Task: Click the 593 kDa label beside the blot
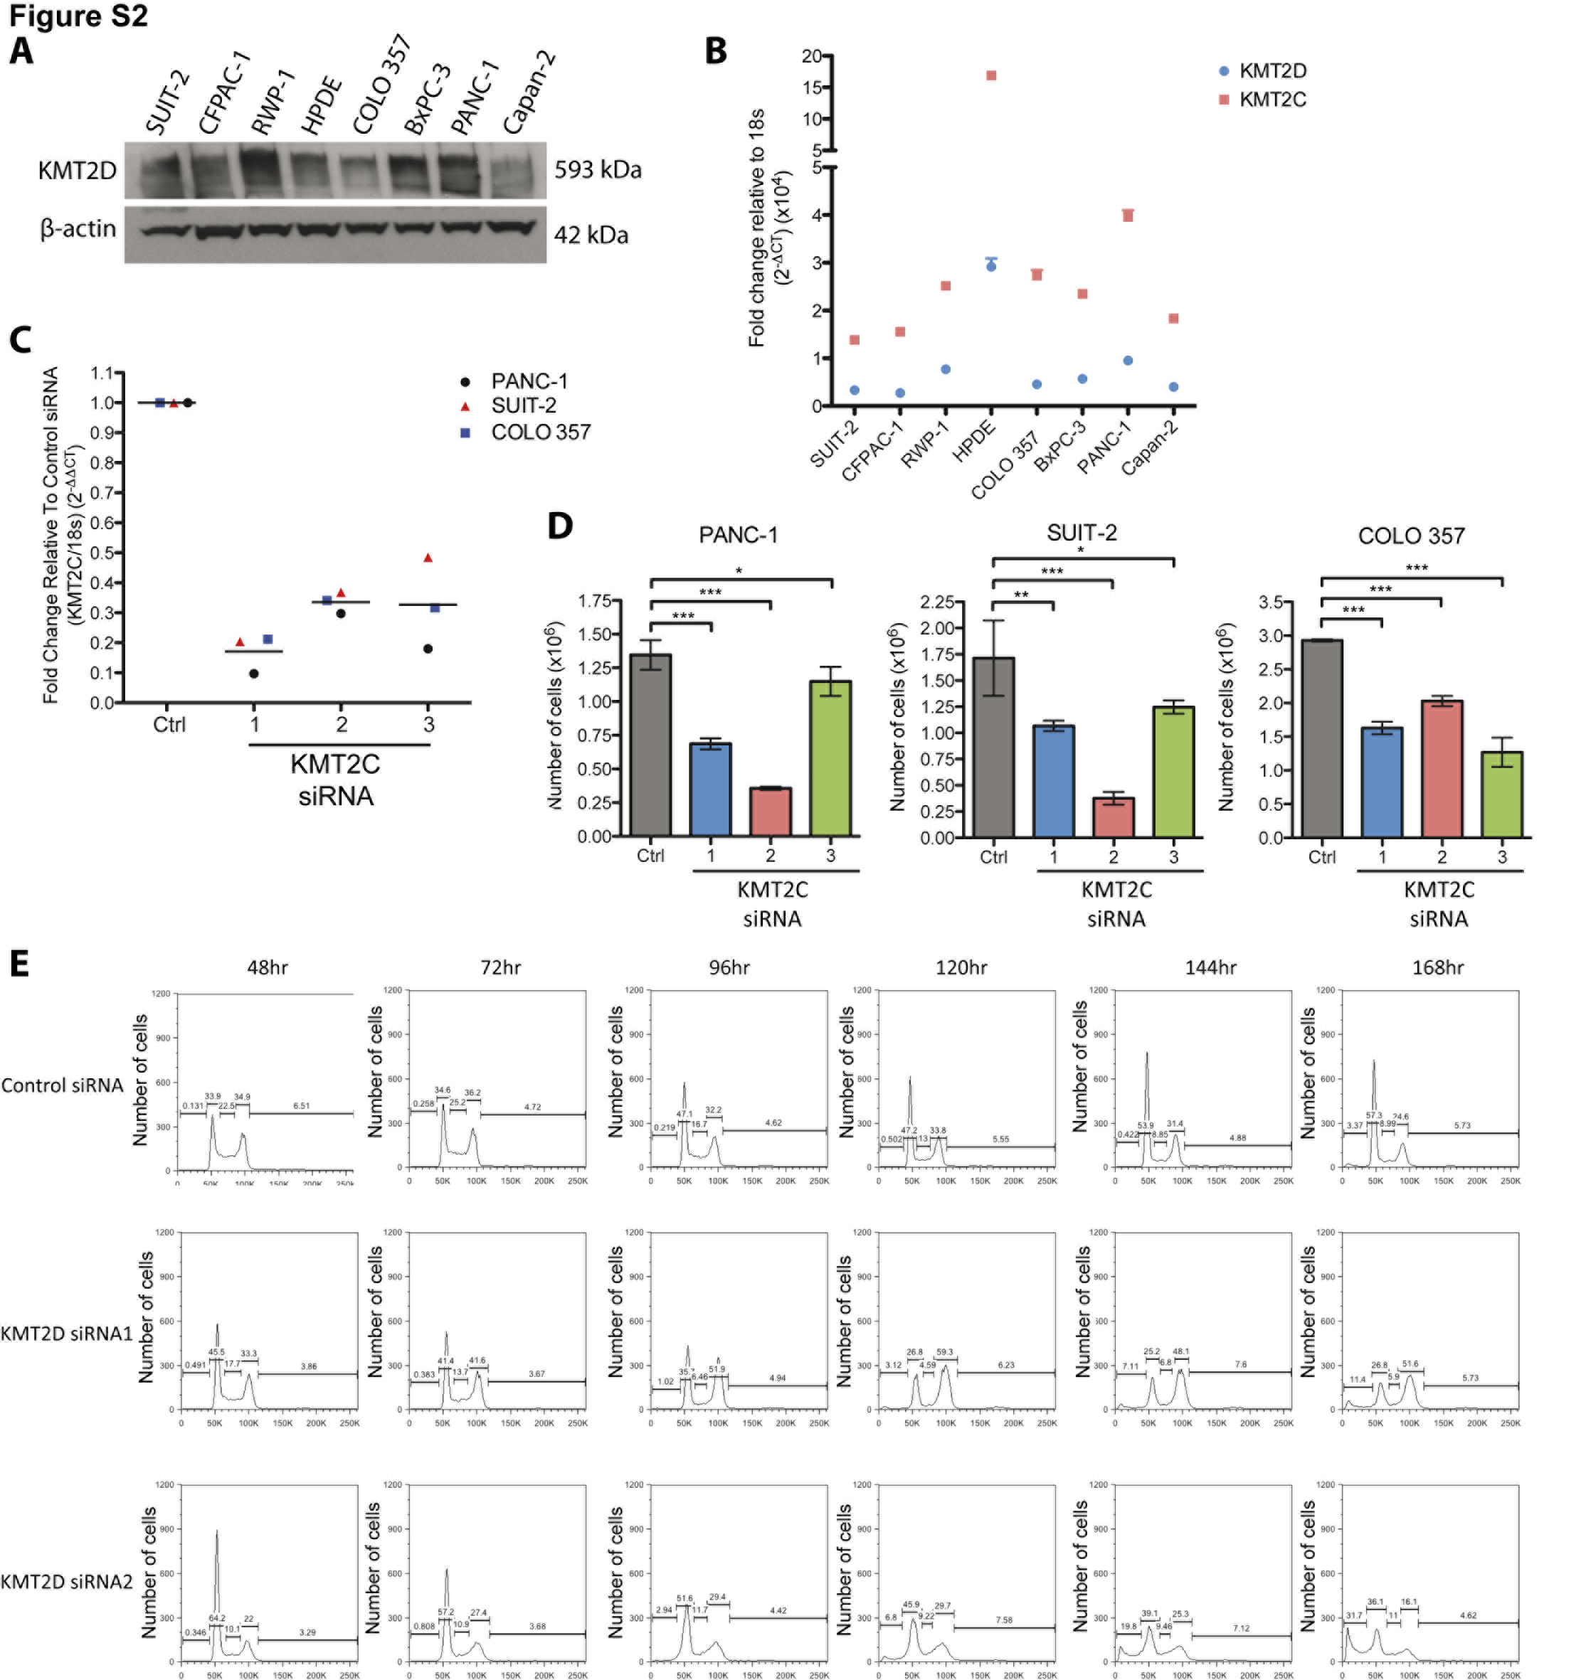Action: [x=597, y=170]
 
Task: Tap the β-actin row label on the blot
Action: [x=78, y=229]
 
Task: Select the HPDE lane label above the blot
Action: [x=322, y=106]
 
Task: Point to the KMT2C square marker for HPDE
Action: [x=991, y=76]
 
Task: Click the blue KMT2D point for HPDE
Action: [x=991, y=266]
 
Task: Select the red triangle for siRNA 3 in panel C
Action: [x=428, y=558]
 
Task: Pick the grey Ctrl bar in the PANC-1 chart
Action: [x=650, y=744]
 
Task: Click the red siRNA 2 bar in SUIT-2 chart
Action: [x=1113, y=817]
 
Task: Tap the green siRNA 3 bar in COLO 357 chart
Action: [x=1501, y=794]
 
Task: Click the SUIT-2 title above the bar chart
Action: [x=1082, y=533]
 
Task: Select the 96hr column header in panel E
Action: [x=729, y=967]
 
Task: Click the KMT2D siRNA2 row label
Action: [x=67, y=1581]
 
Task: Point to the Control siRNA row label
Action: [x=63, y=1085]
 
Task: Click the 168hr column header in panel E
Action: [x=1437, y=967]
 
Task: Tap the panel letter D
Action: [x=560, y=526]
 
